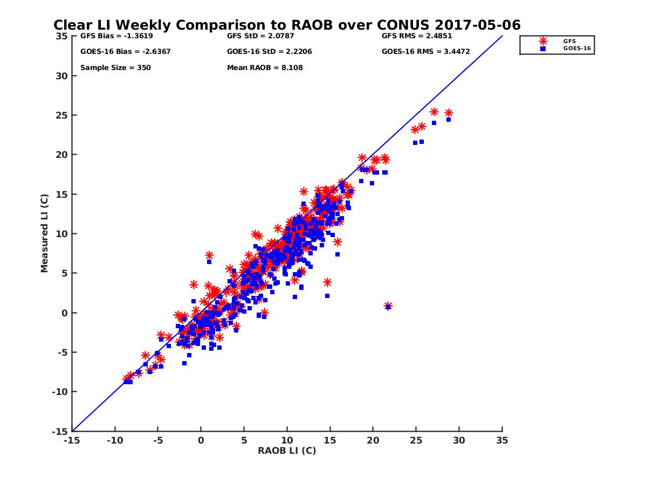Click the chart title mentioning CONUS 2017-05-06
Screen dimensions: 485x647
pyautogui.click(x=287, y=25)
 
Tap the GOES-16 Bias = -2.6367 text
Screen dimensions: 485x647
pyautogui.click(x=118, y=52)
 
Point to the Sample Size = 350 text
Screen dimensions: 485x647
pyautogui.click(x=115, y=68)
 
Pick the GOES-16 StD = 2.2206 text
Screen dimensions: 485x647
pyautogui.click(x=270, y=52)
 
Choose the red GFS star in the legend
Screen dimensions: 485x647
pyautogui.click(x=543, y=41)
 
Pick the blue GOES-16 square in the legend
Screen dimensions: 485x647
pyautogui.click(x=543, y=48)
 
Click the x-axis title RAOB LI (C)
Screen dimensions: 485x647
pyautogui.click(x=287, y=451)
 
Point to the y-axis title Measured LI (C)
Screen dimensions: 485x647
pyautogui.click(x=45, y=233)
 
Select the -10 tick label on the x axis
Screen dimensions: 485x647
pyautogui.click(x=114, y=440)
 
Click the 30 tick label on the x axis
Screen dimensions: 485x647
pyautogui.click(x=459, y=440)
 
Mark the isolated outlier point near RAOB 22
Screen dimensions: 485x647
pyautogui.click(x=388, y=306)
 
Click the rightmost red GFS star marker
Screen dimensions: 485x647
pyautogui.click(x=449, y=113)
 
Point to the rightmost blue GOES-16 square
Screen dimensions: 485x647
pyautogui.click(x=449, y=120)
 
